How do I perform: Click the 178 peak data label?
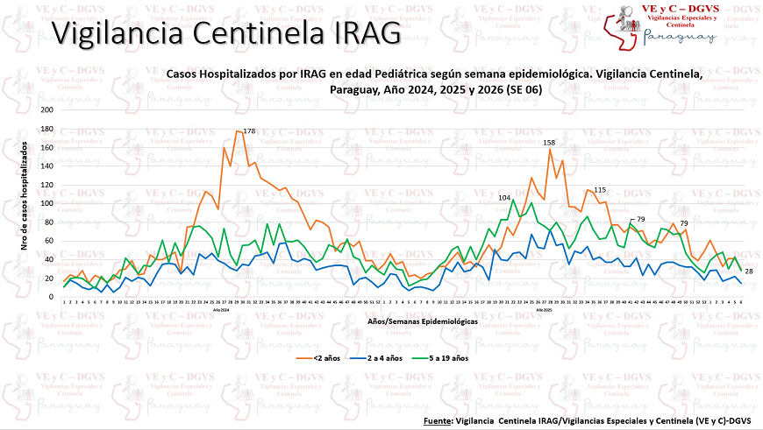(x=249, y=131)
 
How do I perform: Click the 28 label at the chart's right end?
(x=750, y=271)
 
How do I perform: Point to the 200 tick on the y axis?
(x=46, y=110)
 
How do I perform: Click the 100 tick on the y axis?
(x=46, y=203)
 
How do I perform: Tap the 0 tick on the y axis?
(x=51, y=296)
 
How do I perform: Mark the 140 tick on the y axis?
(x=46, y=166)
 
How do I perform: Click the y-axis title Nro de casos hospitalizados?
(x=25, y=198)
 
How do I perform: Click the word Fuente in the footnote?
(x=437, y=421)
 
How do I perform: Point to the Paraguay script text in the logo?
(x=681, y=38)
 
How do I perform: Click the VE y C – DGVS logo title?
(x=681, y=8)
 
